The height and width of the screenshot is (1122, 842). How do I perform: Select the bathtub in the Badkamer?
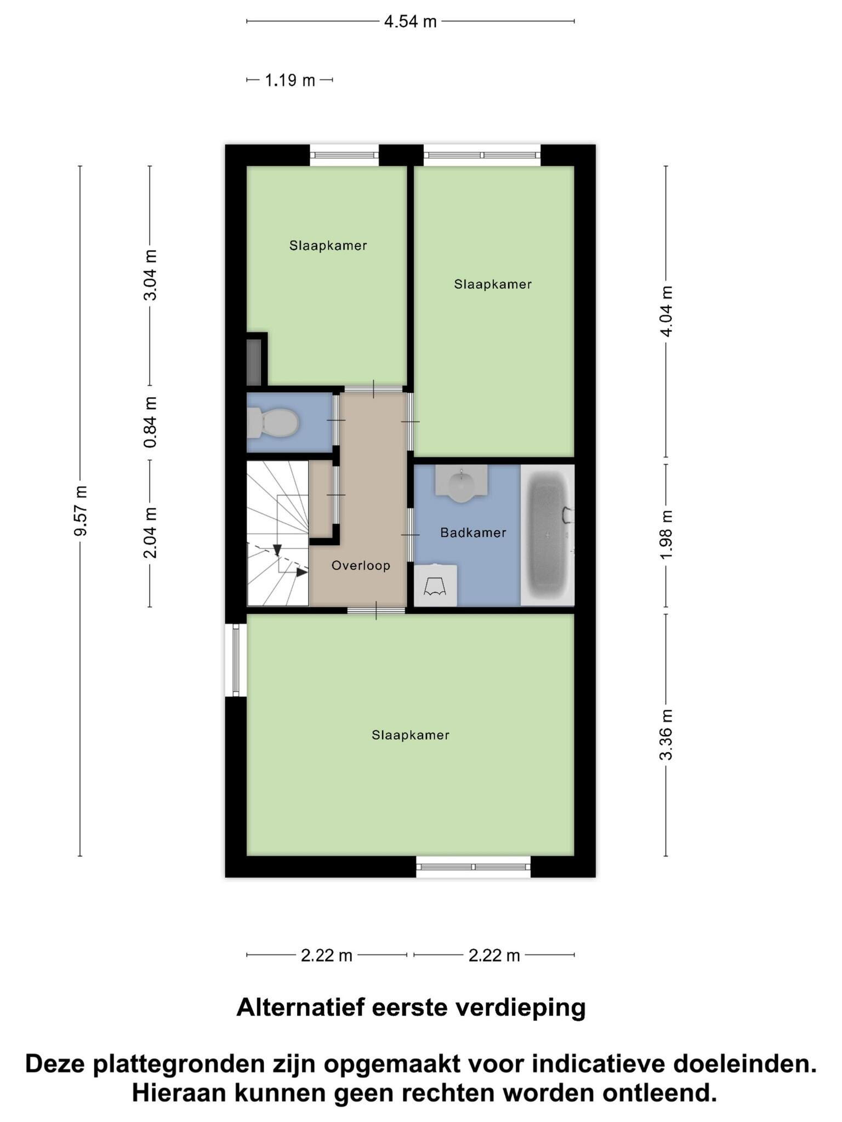(x=548, y=535)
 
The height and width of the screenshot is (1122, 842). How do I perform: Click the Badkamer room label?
(x=473, y=533)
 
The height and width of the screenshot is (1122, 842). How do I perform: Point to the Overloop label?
(x=361, y=565)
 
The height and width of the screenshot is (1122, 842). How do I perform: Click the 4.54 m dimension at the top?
(x=411, y=22)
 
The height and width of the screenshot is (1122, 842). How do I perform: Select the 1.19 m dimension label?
(x=290, y=81)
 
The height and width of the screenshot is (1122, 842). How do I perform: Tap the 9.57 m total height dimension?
(x=81, y=511)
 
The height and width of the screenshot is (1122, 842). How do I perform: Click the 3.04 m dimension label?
(x=150, y=275)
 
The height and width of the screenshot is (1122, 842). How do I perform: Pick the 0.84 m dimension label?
(x=150, y=422)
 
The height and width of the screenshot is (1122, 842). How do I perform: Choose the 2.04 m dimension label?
(x=150, y=533)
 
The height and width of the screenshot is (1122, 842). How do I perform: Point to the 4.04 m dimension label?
(x=666, y=311)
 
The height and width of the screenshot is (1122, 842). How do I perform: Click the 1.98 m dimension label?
(x=666, y=535)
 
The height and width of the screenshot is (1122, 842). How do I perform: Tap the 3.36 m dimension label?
(x=666, y=735)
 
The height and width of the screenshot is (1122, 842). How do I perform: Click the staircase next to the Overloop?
(x=278, y=533)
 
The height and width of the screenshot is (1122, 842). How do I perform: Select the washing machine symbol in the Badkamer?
(x=435, y=586)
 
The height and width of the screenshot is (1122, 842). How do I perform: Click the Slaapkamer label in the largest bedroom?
(x=411, y=735)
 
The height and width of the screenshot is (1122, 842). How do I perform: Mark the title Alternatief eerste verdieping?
(x=411, y=1007)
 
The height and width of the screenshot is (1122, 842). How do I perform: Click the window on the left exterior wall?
(x=236, y=660)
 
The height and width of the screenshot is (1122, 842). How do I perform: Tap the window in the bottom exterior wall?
(x=474, y=867)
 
